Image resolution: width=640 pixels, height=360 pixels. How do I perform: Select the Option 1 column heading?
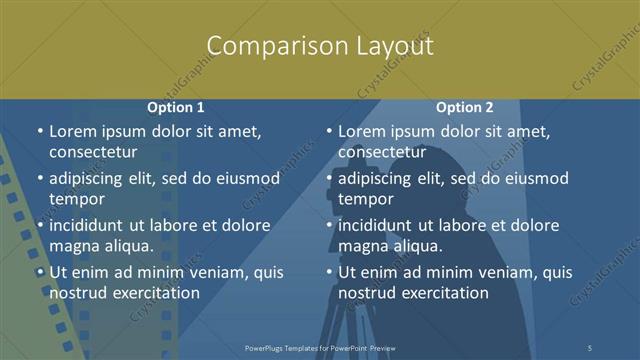(176, 107)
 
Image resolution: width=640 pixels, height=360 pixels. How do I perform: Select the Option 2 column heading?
(464, 107)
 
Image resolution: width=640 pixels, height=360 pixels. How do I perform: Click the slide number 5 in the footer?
(591, 347)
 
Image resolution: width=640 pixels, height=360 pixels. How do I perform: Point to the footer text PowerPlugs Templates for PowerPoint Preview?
(320, 347)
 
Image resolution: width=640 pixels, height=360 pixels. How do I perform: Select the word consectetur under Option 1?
(93, 152)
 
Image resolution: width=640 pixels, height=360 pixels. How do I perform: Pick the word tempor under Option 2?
(366, 199)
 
